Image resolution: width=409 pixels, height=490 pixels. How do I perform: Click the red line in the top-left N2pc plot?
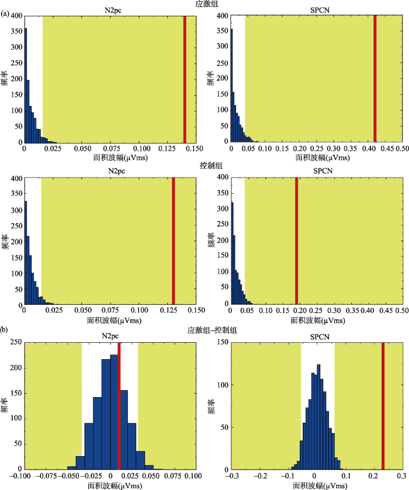tap(185, 79)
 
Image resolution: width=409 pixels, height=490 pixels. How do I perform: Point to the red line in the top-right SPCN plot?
tap(375, 79)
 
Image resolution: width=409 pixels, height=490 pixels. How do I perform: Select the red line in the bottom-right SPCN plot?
tap(383, 405)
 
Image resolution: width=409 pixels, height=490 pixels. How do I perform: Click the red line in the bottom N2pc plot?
tap(119, 405)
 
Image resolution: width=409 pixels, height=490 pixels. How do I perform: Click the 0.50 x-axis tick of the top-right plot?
tap(402, 149)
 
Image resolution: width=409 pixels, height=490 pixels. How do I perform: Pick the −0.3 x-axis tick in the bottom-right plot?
tap(233, 476)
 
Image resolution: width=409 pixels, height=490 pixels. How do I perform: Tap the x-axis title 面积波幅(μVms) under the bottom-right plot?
tap(317, 485)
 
